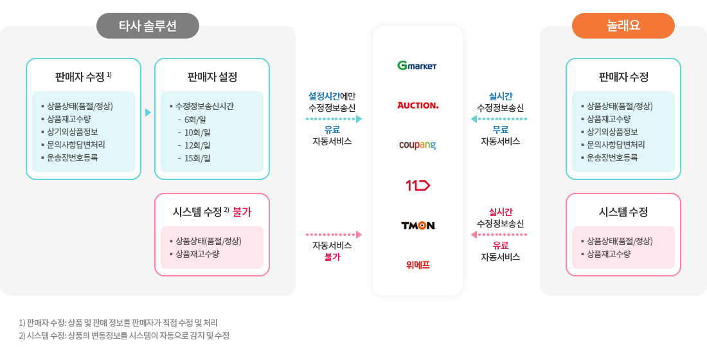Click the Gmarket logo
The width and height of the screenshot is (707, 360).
417,66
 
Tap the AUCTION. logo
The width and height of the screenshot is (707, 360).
418,105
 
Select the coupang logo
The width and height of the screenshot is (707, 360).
417,145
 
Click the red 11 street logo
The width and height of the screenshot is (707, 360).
418,186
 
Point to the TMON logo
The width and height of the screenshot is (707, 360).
418,226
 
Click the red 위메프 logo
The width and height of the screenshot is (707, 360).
418,264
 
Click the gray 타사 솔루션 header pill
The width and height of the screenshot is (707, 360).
148,26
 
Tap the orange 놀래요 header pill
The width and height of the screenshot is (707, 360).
623,26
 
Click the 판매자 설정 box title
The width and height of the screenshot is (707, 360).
212,77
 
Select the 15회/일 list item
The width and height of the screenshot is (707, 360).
197,157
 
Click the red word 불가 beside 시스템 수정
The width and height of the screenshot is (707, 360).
242,212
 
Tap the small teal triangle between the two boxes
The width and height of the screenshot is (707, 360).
148,113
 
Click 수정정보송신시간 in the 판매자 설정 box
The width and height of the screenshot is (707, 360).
204,106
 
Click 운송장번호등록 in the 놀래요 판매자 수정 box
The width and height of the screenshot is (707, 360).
612,157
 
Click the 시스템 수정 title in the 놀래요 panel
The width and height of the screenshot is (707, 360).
623,212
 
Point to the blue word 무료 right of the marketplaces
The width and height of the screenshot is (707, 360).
501,130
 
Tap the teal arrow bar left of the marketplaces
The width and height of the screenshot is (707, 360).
330,119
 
